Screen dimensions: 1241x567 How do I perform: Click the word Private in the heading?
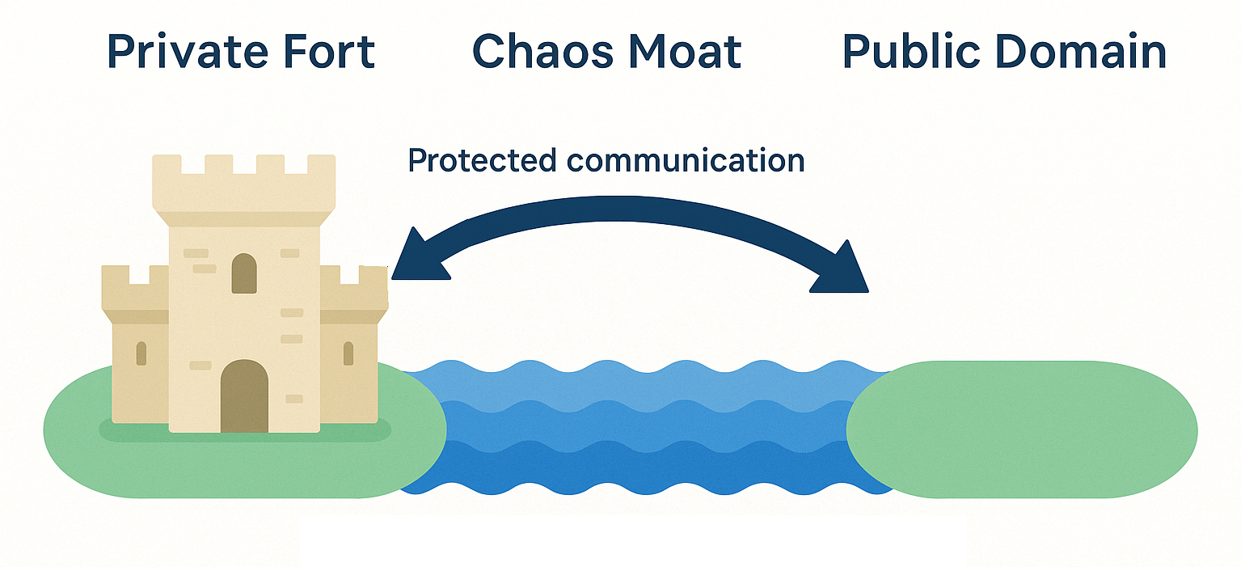click(x=188, y=52)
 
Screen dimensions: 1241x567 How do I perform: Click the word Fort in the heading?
click(x=329, y=52)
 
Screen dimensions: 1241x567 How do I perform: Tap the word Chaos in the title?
click(x=542, y=52)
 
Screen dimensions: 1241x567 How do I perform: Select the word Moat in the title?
click(x=685, y=52)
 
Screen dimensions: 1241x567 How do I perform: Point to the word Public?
click(x=911, y=51)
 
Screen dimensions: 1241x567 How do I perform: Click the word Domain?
click(x=1081, y=51)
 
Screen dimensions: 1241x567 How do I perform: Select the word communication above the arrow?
click(x=686, y=161)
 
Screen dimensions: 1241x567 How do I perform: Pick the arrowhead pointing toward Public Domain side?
click(x=842, y=269)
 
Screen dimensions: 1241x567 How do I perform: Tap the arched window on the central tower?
click(x=244, y=273)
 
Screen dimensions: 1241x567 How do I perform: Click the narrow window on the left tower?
click(x=141, y=353)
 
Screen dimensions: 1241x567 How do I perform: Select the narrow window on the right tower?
click(x=348, y=353)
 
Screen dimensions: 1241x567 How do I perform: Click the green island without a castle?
click(x=1022, y=429)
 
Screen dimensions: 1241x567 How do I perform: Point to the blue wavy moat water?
click(x=645, y=427)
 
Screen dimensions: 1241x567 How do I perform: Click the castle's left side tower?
click(x=136, y=345)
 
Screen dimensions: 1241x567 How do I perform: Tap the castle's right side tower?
click(x=353, y=345)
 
